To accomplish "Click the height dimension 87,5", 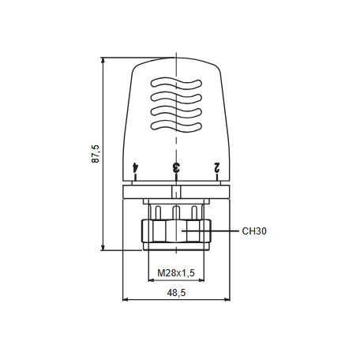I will pos(96,152).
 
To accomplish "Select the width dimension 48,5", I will pos(176,292).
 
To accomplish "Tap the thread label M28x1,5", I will pos(176,272).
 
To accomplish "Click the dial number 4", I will pos(137,167).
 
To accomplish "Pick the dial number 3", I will pos(176,167).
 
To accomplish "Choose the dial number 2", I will pos(216,167).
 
